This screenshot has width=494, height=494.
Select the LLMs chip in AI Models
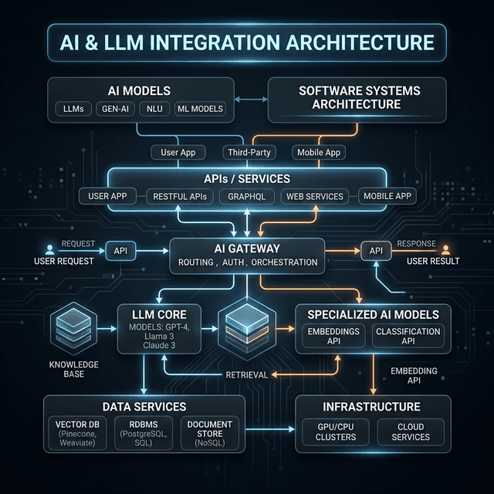(x=74, y=109)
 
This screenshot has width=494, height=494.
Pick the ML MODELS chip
(x=200, y=109)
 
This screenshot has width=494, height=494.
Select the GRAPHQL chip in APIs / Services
(x=247, y=196)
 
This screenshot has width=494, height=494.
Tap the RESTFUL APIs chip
(x=179, y=196)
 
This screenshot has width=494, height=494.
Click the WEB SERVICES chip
(x=314, y=196)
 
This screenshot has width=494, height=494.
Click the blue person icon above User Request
(x=50, y=249)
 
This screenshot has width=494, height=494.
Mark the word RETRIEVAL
(x=246, y=375)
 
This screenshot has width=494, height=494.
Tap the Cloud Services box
(x=411, y=431)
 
